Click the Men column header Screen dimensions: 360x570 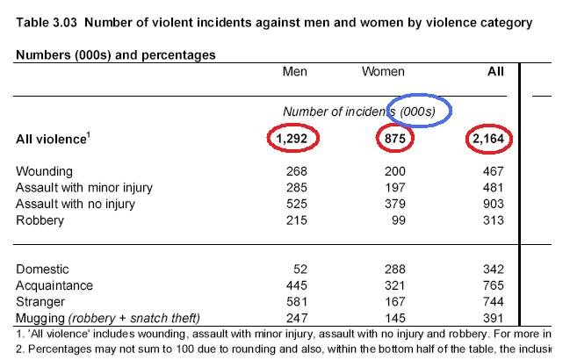[x=294, y=72]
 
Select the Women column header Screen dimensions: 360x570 [x=383, y=72]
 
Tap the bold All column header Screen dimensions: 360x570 [x=495, y=72]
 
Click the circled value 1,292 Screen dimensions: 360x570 [x=293, y=138]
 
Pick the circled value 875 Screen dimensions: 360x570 [x=389, y=138]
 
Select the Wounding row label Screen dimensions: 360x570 [x=44, y=171]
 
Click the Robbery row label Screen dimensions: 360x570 [x=40, y=220]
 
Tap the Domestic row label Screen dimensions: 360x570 [x=42, y=270]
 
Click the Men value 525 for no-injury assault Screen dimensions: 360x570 [x=296, y=205]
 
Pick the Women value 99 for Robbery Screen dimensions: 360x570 [x=396, y=220]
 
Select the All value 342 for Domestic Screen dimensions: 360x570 [x=494, y=270]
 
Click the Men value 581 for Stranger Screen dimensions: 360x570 [x=296, y=302]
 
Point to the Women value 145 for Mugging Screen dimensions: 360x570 [x=393, y=318]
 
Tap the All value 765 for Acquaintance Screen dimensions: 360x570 [x=494, y=286]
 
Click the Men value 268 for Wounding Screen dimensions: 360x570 [x=296, y=171]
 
